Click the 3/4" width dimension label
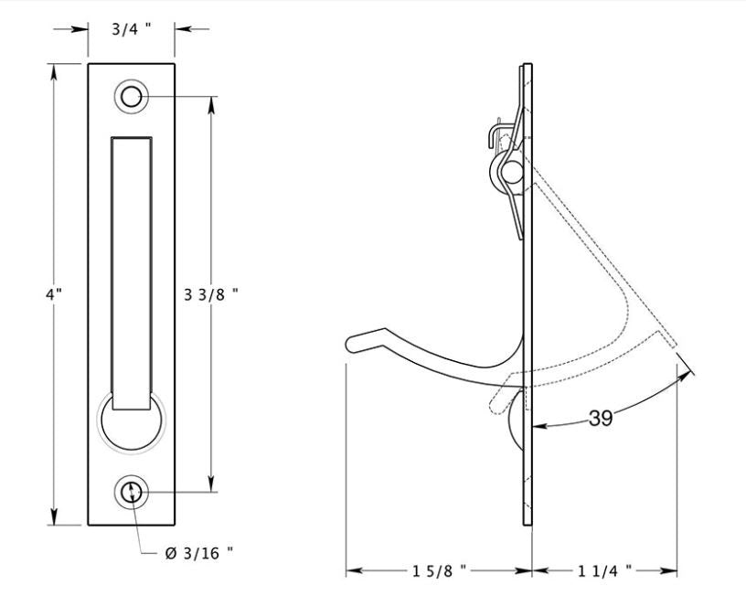click(x=133, y=28)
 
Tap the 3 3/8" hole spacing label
click(x=212, y=294)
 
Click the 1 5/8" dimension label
click(x=438, y=571)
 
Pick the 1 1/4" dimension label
click(x=605, y=571)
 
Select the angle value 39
click(x=601, y=419)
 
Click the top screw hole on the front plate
click(x=132, y=96)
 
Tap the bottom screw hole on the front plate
click(x=132, y=492)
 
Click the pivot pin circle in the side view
click(x=512, y=170)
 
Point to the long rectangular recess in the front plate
click(x=132, y=265)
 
